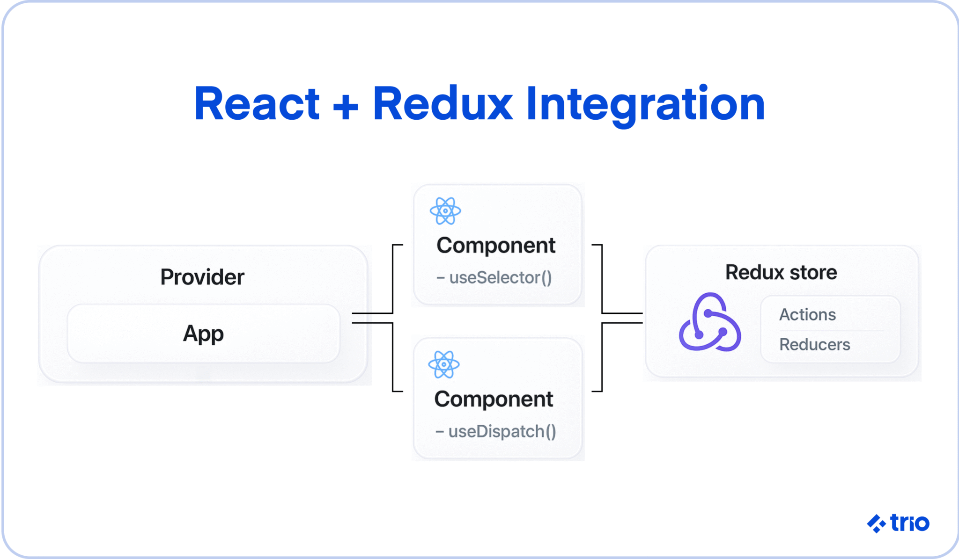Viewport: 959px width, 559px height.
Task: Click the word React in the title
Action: (257, 104)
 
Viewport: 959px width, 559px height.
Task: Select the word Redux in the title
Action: (443, 104)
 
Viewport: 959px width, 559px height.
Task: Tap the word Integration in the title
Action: (645, 104)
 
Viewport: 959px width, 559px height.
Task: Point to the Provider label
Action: (202, 277)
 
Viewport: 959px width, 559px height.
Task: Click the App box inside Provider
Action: (203, 334)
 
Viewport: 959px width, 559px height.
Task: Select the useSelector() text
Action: (500, 278)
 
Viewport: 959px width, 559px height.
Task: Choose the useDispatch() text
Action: (502, 431)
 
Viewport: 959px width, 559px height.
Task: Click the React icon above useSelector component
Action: (445, 211)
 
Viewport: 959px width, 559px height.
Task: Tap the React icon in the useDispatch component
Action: (444, 364)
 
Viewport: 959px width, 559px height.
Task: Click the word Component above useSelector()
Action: (496, 246)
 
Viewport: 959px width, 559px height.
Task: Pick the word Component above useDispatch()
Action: (494, 399)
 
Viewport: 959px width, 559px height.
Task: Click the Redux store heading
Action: (781, 272)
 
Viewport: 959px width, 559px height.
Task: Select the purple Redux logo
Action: (709, 323)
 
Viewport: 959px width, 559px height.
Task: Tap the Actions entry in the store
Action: (807, 315)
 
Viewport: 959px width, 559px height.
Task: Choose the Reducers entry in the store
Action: (814, 345)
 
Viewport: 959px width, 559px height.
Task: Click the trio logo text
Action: (909, 523)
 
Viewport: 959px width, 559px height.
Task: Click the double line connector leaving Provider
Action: (372, 318)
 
